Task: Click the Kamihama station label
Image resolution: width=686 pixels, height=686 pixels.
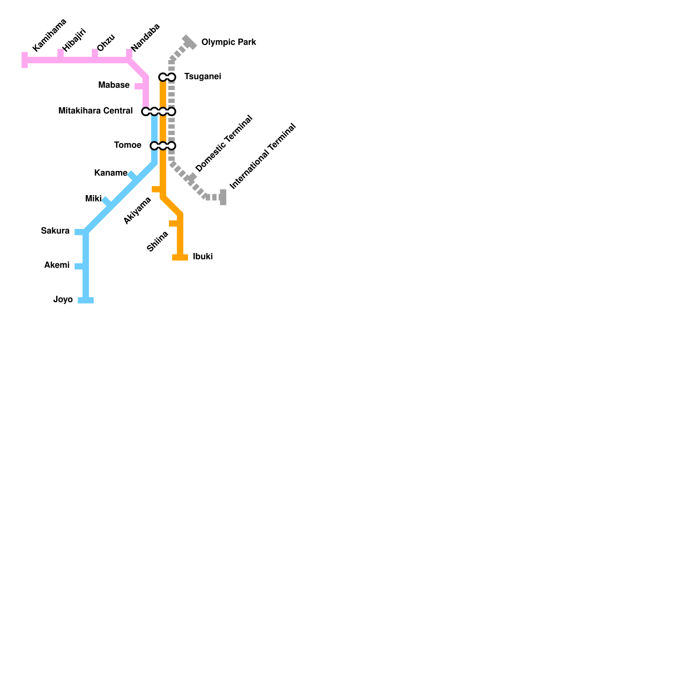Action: pos(50,35)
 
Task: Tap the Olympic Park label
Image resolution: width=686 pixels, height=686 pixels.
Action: pos(229,42)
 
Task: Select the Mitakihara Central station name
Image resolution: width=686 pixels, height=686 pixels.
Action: pos(96,111)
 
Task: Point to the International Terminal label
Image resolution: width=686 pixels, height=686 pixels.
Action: pos(263,156)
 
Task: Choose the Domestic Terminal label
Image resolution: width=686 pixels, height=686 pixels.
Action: pos(224,144)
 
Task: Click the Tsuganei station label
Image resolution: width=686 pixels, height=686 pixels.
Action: pos(202,77)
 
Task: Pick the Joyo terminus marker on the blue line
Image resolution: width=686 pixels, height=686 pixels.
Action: pos(86,300)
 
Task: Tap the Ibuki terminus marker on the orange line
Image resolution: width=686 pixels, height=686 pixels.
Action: pos(180,257)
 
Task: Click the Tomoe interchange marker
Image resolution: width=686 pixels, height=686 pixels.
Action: pos(163,146)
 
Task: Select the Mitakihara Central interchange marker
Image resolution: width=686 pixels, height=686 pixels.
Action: pos(159,111)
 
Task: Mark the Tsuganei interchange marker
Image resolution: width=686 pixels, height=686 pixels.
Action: pos(167,77)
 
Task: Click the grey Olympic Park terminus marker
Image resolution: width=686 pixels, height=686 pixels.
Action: pos(189,42)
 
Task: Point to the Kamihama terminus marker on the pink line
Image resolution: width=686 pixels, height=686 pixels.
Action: pos(25,60)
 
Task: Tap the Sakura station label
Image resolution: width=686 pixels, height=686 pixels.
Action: pos(55,231)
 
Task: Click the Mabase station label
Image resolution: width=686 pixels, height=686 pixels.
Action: pos(114,85)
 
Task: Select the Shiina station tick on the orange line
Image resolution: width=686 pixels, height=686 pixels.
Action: pos(174,223)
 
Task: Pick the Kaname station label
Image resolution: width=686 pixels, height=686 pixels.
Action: pos(111,173)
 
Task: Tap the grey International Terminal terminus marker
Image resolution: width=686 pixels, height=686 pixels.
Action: pos(223,197)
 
